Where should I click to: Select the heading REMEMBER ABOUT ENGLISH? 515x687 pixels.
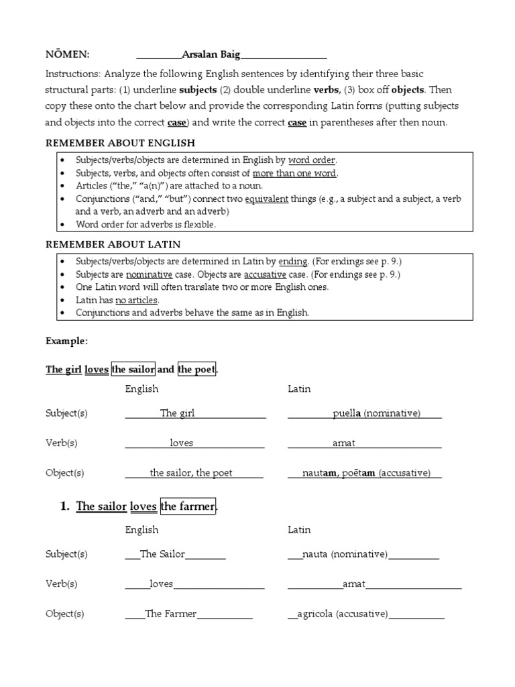(120, 143)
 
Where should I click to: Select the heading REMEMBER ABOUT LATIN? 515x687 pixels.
(113, 244)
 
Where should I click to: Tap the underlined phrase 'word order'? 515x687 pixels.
(312, 160)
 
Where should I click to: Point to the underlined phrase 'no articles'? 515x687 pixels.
(137, 300)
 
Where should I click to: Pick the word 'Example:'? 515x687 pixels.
(66, 341)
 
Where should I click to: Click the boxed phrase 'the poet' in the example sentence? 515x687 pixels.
(196, 370)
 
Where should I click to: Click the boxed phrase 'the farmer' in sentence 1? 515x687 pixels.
(188, 507)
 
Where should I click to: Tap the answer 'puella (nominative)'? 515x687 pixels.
(376, 413)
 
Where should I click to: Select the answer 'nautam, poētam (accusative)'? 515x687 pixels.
(366, 473)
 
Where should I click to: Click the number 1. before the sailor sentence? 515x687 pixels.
(65, 507)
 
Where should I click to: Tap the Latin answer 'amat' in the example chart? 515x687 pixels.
(344, 443)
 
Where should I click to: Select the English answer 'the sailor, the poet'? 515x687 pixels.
(191, 473)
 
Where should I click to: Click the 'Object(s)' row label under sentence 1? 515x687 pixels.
(65, 614)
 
